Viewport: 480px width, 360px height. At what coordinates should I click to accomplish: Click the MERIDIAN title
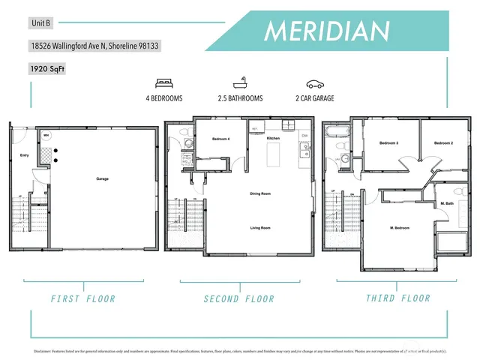coord(328,31)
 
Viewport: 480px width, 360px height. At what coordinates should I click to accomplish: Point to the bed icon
coord(163,84)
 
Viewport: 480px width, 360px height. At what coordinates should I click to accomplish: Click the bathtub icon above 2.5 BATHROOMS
coord(240,84)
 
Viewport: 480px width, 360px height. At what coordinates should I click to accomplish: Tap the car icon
coord(314,84)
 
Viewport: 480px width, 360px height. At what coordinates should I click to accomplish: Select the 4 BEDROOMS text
coord(163,98)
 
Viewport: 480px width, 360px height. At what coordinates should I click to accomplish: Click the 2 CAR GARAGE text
coord(314,98)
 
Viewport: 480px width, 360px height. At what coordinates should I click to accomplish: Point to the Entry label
coord(24,156)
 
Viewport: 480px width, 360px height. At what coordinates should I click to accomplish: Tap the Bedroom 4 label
coord(220,139)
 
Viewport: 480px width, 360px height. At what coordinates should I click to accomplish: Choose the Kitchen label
coord(273,139)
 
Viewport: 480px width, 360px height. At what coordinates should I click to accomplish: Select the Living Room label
coord(260,227)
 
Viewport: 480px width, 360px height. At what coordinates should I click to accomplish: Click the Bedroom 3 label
coord(388,142)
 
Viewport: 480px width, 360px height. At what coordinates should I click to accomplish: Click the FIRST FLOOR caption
coord(83,298)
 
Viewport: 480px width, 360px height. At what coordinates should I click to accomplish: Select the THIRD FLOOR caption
coord(397,298)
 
